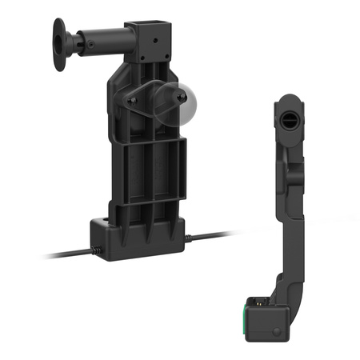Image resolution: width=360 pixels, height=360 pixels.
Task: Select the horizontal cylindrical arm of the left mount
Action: click(100, 38)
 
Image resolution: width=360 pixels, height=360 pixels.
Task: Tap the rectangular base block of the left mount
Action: click(140, 238)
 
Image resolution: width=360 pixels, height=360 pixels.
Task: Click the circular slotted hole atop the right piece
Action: click(290, 114)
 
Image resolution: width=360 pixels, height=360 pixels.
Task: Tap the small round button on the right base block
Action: click(275, 330)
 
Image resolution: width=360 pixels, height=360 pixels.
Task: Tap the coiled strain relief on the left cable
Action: click(96, 251)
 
